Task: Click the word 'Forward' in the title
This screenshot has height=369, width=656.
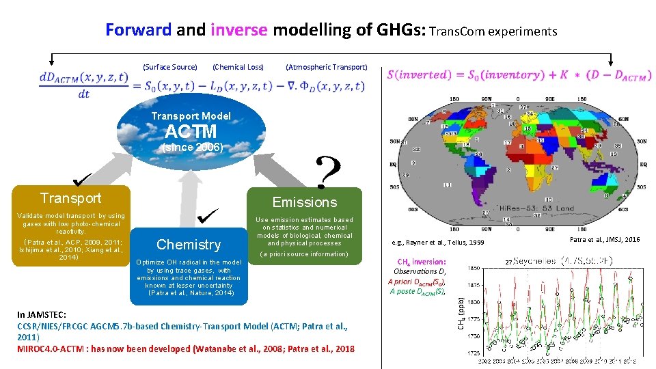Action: click(139, 30)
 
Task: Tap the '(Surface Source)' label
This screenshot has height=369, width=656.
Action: click(169, 67)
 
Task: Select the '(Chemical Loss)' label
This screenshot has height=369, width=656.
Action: click(238, 67)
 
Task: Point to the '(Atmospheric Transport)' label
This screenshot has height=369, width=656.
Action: click(326, 67)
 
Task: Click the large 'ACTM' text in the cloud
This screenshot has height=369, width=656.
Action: click(191, 131)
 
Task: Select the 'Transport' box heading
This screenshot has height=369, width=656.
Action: click(70, 198)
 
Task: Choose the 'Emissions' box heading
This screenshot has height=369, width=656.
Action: click(305, 202)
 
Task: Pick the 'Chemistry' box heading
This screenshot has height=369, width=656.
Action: click(189, 245)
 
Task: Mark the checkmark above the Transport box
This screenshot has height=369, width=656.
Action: click(84, 179)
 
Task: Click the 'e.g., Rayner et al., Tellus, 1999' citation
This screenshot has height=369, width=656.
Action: click(437, 243)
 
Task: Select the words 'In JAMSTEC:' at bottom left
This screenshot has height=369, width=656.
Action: click(41, 314)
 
